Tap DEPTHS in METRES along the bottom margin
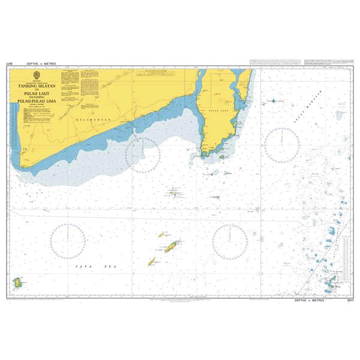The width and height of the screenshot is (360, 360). (310, 300)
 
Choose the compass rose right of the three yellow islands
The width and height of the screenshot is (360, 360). (230, 240)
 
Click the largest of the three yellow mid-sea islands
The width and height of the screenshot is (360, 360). (172, 245)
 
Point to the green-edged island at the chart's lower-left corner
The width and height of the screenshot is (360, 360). (17, 281)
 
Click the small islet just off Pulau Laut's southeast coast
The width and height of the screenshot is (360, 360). (221, 157)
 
